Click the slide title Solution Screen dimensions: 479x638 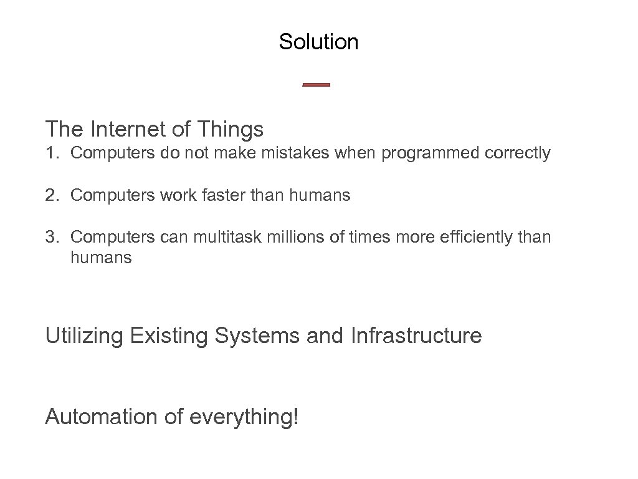pyautogui.click(x=318, y=42)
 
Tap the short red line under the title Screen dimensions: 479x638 pyautogui.click(x=316, y=85)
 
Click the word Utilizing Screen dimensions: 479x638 pyautogui.click(x=85, y=336)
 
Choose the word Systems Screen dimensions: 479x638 pyautogui.click(x=257, y=336)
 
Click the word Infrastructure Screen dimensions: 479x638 pyautogui.click(x=416, y=336)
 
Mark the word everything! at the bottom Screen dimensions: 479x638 pyautogui.click(x=244, y=416)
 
